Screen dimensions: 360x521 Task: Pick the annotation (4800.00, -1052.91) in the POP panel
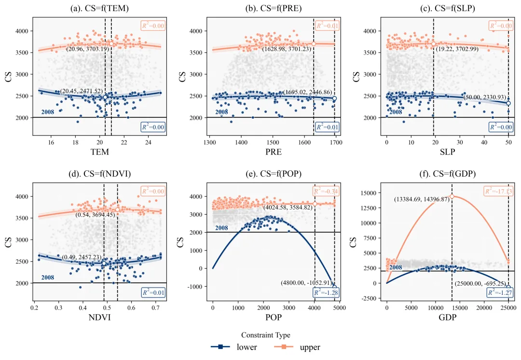point(306,283)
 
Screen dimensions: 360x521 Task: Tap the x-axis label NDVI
point(100,318)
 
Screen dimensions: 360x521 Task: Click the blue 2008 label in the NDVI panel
point(48,277)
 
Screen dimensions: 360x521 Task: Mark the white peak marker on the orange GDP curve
point(452,196)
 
